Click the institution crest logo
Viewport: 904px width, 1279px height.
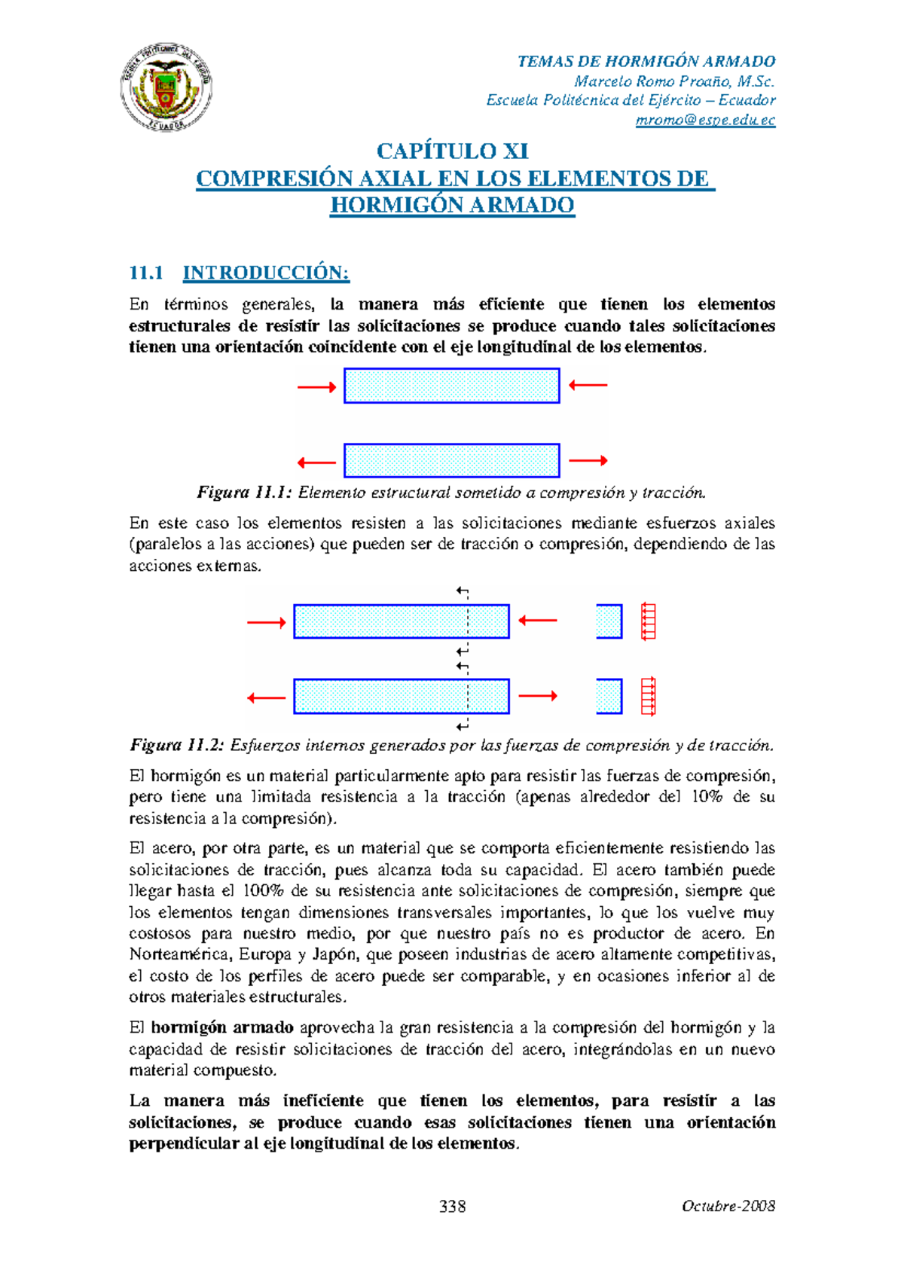tap(166, 87)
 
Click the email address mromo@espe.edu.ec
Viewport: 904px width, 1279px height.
tap(705, 121)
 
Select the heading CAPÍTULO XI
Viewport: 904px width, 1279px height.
tap(452, 151)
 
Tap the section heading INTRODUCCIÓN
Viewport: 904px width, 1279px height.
tap(266, 273)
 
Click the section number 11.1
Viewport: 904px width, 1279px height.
tap(146, 273)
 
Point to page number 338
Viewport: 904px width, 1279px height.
tap(452, 1207)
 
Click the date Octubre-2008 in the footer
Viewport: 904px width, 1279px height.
tap(728, 1207)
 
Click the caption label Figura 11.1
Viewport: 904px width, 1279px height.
tap(244, 493)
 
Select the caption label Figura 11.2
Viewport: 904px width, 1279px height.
tap(178, 746)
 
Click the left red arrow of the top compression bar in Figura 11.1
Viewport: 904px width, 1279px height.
tap(316, 387)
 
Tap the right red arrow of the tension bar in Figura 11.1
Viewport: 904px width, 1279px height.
tap(588, 460)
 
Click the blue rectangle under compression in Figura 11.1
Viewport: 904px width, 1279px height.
tap(452, 386)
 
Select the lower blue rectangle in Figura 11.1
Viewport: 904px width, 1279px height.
tap(452, 460)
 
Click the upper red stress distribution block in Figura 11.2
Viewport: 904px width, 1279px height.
tap(648, 621)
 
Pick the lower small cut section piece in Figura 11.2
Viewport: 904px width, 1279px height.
tap(609, 696)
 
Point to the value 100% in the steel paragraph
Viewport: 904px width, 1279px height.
tap(263, 891)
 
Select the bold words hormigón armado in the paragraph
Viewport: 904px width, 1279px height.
tap(222, 1028)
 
